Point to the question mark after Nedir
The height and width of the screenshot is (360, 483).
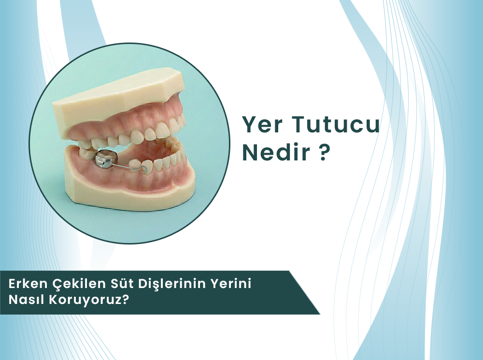coord(324,153)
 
